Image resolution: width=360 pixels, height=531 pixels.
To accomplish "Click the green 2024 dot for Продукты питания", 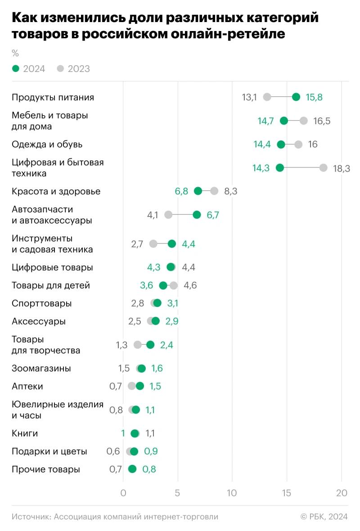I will (x=296, y=97).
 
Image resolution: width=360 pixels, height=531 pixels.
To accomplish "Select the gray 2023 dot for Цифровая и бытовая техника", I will (x=323, y=168).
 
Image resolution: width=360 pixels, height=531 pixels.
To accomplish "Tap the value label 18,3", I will (x=341, y=168).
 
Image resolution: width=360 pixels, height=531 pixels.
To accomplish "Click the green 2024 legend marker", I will (x=16, y=69).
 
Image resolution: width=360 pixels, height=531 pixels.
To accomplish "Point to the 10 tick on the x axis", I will (x=232, y=493).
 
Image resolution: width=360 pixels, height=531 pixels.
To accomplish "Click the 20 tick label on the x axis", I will (x=342, y=493).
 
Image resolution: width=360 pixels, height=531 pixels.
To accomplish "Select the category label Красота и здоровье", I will (x=56, y=191).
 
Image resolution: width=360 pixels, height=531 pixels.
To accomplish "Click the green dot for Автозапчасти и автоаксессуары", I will (x=197, y=215).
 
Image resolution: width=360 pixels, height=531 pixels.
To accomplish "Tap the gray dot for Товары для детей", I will (x=174, y=285).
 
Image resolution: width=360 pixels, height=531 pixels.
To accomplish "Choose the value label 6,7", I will (x=213, y=215).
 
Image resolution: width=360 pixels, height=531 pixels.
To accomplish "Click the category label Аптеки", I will (x=27, y=386).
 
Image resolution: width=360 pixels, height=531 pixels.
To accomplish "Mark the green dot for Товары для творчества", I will (x=150, y=345).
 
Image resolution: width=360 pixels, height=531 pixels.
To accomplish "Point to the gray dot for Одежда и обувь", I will (x=298, y=144).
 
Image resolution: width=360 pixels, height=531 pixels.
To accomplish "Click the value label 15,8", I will (x=314, y=97).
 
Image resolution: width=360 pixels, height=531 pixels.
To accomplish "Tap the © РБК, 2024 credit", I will (x=324, y=517).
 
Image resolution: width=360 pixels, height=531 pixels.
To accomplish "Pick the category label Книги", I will (x=25, y=433).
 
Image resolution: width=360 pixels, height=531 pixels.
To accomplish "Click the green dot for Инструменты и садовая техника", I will (x=172, y=244).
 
